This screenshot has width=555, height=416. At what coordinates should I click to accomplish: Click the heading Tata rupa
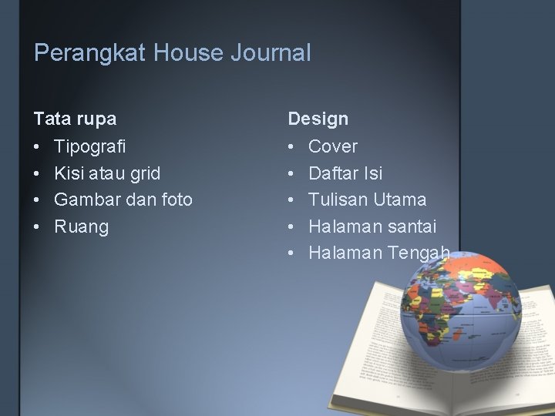coord(75,119)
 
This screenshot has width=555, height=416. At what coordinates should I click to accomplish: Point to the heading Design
coord(318,119)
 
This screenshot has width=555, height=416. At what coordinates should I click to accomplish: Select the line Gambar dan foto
coord(123,200)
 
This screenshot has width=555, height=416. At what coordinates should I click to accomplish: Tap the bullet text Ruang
coord(81,226)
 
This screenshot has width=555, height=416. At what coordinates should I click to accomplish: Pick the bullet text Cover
coord(333,146)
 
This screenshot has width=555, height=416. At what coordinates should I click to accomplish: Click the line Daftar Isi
coord(345,173)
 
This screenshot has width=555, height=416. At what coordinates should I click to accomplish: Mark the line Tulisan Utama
coord(367,200)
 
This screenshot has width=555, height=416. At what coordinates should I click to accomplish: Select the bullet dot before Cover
coord(293,146)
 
